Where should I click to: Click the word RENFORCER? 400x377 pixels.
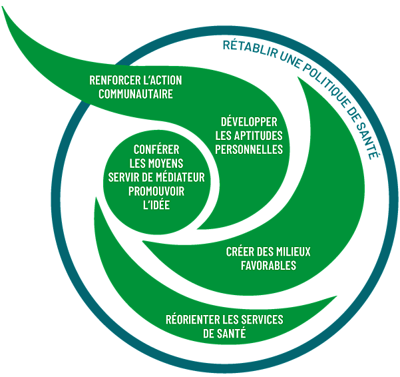coord(114,80)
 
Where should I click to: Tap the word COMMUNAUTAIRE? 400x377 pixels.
coord(135,94)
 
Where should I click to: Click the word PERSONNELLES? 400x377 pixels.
coord(250,149)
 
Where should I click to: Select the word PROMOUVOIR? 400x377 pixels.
coord(156,191)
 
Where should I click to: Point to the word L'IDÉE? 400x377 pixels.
coord(156,205)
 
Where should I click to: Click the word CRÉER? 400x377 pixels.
coord(240,251)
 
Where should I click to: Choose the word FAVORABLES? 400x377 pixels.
coord(268,265)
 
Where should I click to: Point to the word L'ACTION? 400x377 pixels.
coord(160,80)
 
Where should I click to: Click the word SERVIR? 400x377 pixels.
coord(123,177)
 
